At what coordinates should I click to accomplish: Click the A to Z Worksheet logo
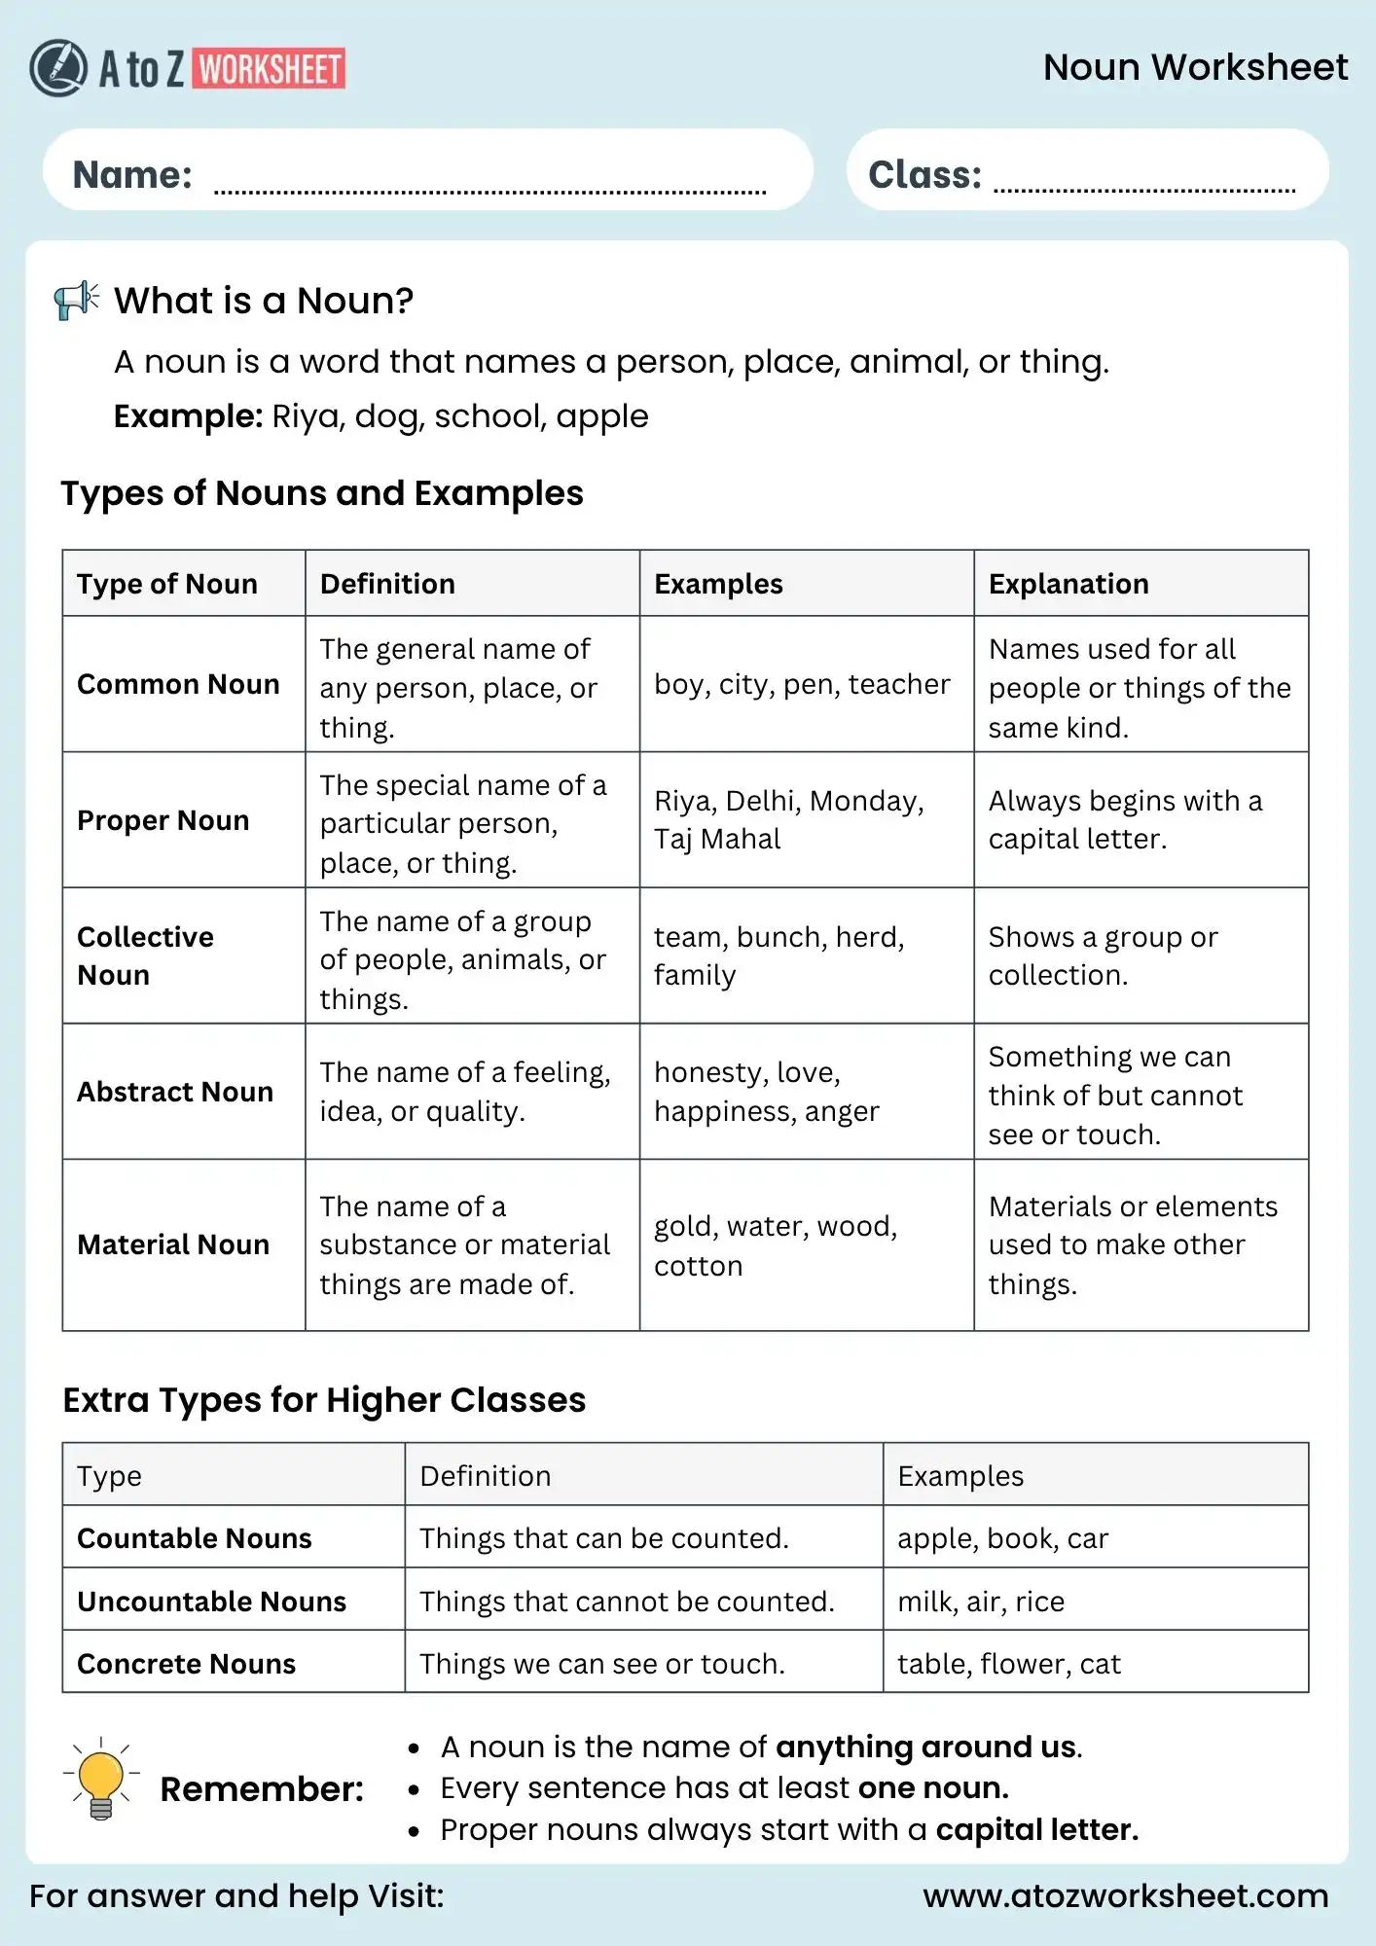188,68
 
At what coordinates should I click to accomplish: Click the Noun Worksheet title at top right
1195,67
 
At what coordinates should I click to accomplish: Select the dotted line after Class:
1143,189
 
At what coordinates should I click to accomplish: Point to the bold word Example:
188,416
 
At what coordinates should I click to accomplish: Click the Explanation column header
1068,584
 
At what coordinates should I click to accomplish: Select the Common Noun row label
178,684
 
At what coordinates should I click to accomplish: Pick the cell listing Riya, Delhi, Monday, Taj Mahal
788,819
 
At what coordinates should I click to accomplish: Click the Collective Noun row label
145,955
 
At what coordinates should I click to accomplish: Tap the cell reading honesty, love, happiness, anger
766,1091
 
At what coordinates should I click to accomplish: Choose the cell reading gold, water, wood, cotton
775,1245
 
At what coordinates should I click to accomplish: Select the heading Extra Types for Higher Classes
324,1400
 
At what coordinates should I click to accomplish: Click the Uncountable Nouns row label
211,1602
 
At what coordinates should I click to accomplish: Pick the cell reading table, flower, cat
1008,1664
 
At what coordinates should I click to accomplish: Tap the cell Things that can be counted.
603,1538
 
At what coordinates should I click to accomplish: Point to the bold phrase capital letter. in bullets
1036,1830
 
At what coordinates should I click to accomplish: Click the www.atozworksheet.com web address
1125,1896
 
